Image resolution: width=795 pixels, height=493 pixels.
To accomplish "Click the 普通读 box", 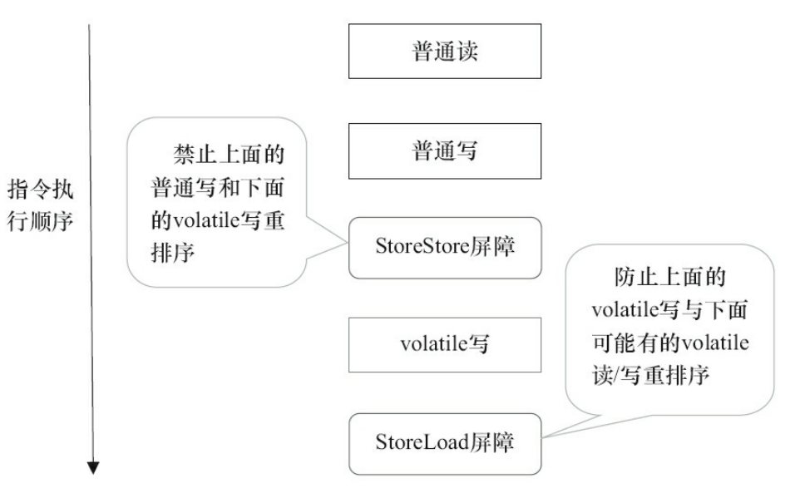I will pos(445,52).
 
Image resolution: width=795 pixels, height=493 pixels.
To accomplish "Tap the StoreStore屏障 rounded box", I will pos(445,248).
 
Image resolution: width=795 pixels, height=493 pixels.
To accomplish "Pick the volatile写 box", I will pos(445,344).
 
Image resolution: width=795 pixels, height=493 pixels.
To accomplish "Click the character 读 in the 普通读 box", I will pos(468,52).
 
